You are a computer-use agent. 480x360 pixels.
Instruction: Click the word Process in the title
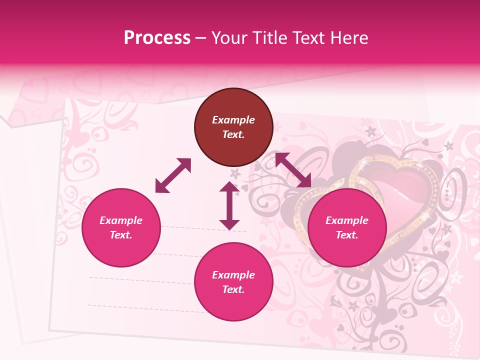tap(157, 38)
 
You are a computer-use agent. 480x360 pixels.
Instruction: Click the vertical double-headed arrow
tap(229, 205)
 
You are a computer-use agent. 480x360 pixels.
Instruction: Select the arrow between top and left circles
tap(173, 175)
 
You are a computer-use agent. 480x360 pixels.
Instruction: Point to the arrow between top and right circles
tap(293, 170)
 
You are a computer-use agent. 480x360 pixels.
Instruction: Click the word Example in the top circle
tap(233, 120)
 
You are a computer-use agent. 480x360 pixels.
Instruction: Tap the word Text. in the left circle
tap(121, 235)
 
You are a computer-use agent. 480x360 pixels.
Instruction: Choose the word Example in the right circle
tap(347, 220)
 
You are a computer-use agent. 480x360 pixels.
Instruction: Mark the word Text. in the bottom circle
tap(233, 289)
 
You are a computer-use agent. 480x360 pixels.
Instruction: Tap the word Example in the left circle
tap(121, 220)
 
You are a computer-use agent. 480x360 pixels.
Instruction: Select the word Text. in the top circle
tap(233, 134)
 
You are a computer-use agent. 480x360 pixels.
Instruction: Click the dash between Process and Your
tap(201, 38)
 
